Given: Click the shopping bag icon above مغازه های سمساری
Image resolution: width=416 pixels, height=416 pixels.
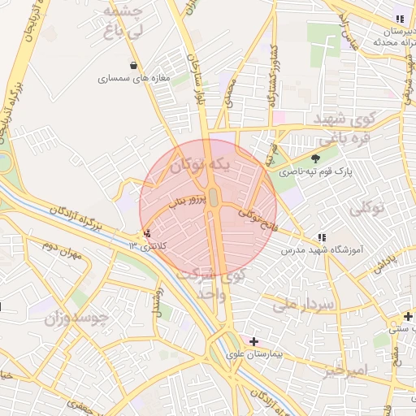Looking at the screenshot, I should [x=133, y=66].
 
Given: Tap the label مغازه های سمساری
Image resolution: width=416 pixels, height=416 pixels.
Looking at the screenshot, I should [x=133, y=79].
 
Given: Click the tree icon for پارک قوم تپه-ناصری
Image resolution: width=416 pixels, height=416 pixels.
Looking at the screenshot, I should [x=315, y=158].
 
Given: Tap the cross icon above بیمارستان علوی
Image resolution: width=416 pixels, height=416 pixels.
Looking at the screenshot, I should [x=254, y=342].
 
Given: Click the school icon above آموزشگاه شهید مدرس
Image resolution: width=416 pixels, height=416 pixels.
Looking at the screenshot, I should [x=322, y=237].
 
